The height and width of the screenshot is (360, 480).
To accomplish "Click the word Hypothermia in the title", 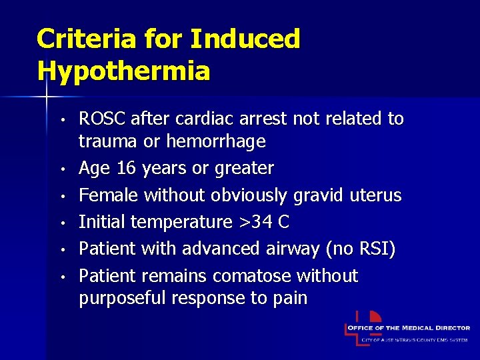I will coord(123,70).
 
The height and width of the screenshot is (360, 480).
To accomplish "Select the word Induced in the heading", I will coord(245,39).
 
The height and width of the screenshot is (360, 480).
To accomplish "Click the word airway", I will coord(293,249).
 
